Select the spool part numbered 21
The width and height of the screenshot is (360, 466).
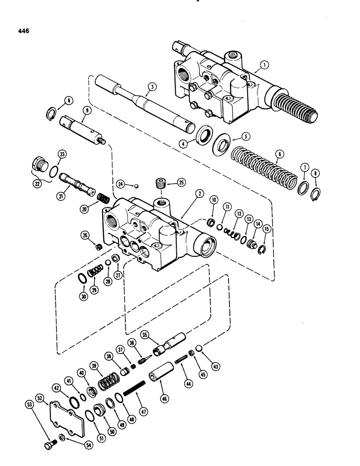77,179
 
